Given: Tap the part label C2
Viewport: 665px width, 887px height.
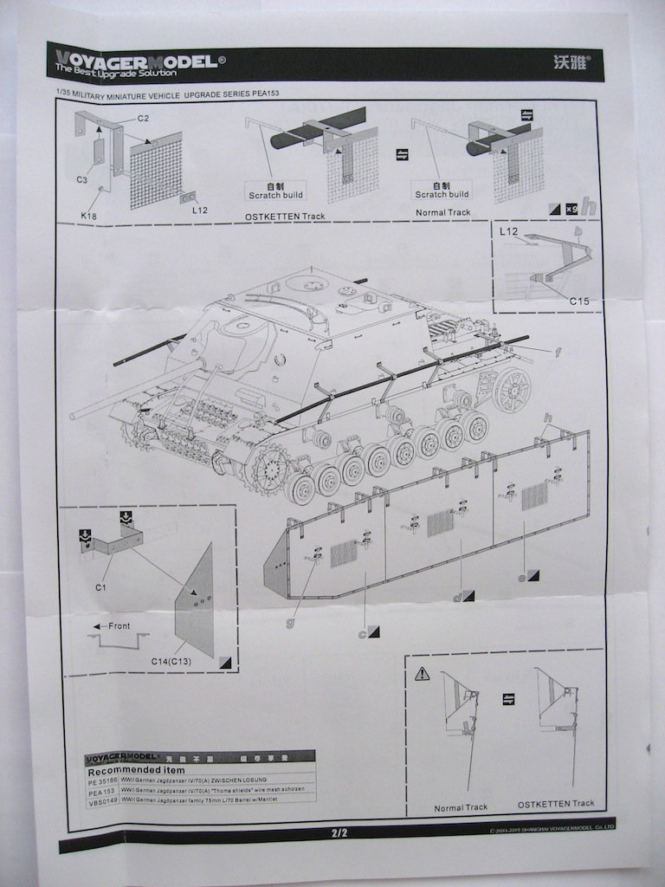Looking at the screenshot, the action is pyautogui.click(x=143, y=118).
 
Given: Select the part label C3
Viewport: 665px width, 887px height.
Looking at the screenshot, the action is pyautogui.click(x=82, y=179).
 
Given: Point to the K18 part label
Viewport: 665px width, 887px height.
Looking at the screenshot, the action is pyautogui.click(x=89, y=215).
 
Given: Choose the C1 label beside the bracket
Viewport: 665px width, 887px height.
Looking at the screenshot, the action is pyautogui.click(x=100, y=586).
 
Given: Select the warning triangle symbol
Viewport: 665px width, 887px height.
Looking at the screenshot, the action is pyautogui.click(x=422, y=673).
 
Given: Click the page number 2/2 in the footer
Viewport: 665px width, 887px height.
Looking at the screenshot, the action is pyautogui.click(x=339, y=833).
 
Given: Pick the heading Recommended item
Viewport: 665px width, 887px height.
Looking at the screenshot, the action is pyautogui.click(x=136, y=770).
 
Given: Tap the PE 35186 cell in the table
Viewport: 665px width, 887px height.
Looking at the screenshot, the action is pyautogui.click(x=104, y=780).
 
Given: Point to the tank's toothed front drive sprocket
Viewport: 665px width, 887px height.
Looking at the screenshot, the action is pyautogui.click(x=269, y=469).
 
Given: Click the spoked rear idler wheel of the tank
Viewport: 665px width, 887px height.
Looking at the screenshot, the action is pyautogui.click(x=512, y=389).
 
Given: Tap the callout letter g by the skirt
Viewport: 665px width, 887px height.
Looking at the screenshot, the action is pyautogui.click(x=292, y=621).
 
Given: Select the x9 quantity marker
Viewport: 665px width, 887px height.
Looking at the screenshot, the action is pyautogui.click(x=571, y=208).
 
